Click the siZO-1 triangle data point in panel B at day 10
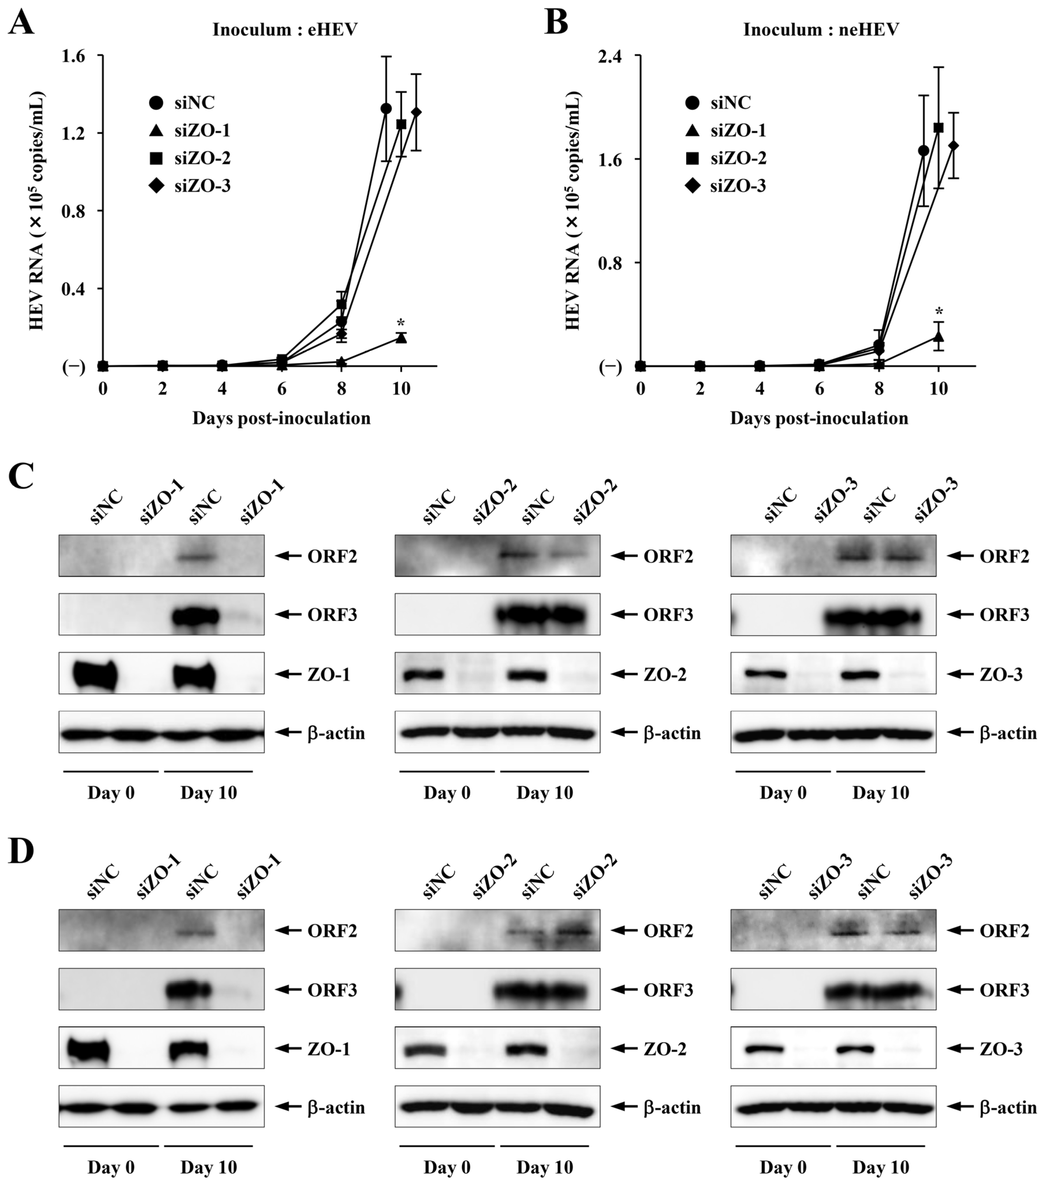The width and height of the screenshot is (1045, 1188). pos(938,336)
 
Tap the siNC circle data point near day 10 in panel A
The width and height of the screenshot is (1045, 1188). pos(386,109)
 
